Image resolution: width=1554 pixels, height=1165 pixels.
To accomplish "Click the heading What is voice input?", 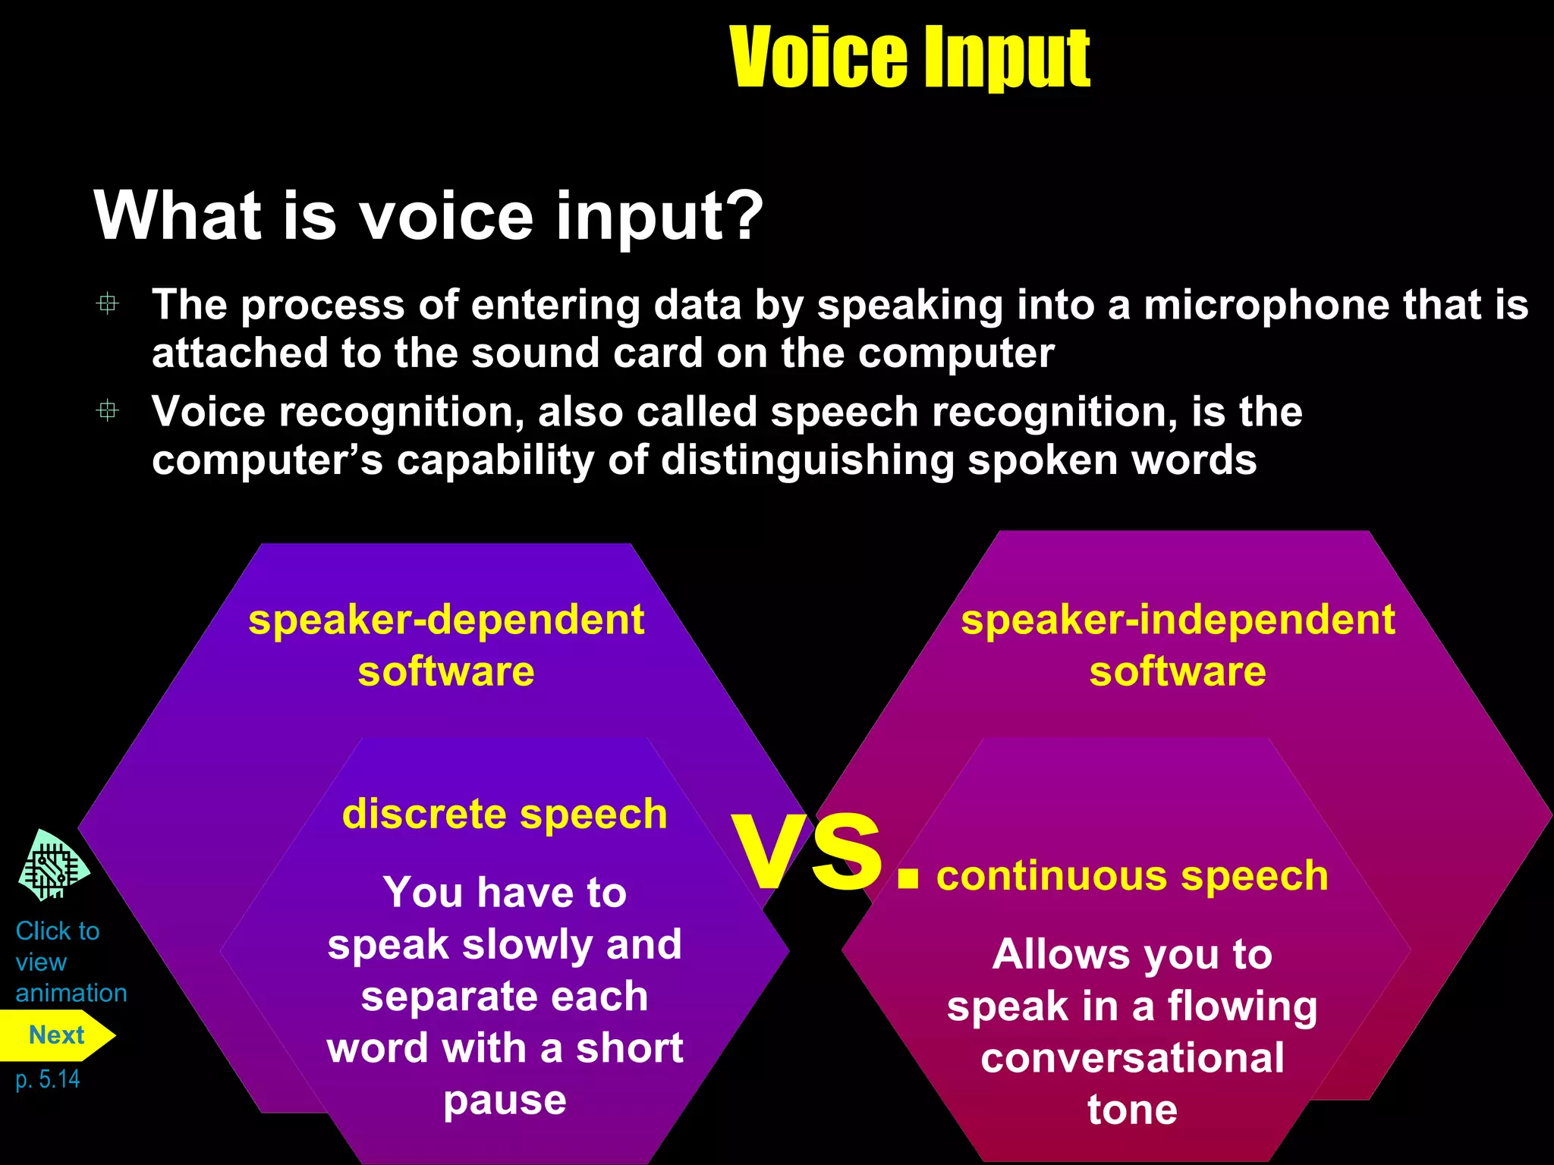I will [429, 216].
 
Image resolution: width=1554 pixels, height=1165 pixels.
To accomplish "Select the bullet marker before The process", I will [108, 304].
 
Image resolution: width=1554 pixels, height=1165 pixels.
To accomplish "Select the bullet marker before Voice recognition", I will [108, 411].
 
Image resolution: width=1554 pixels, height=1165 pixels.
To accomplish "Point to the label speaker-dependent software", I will [446, 645].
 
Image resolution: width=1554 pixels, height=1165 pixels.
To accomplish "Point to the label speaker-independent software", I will [1178, 645].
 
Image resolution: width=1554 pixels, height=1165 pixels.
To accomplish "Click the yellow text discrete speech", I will [505, 814].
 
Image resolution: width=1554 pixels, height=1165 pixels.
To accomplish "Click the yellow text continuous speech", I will [1132, 875].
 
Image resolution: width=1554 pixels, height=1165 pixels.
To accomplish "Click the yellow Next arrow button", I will [57, 1035].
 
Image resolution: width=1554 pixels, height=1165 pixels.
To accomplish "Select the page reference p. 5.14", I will [48, 1079].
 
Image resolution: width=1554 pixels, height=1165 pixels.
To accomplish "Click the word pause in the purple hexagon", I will [505, 1101].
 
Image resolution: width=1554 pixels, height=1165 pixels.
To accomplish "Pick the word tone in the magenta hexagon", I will [1132, 1110].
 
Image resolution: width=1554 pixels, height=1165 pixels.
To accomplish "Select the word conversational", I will [1132, 1058].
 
